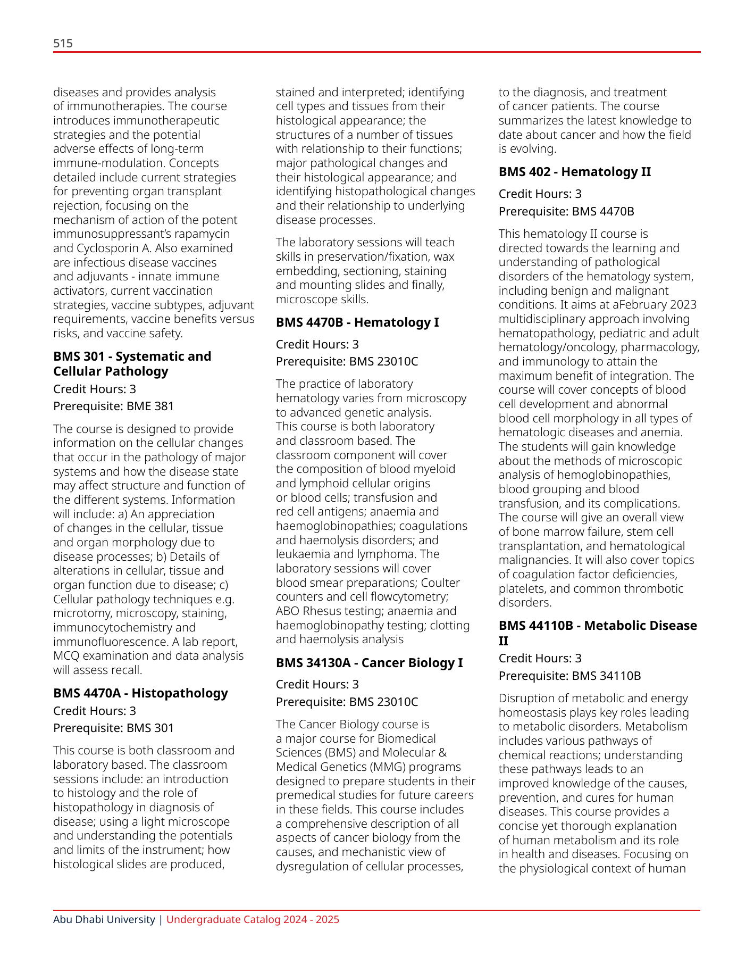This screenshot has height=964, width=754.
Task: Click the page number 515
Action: (63, 43)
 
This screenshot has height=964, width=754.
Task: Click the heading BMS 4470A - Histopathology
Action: (140, 693)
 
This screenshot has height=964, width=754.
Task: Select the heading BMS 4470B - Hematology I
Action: (357, 322)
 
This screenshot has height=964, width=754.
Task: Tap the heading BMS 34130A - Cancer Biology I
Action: (369, 662)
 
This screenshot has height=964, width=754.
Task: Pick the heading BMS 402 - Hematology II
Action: (574, 171)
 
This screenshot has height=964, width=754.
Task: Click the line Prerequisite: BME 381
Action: (113, 406)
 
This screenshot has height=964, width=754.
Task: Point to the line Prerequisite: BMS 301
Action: (113, 728)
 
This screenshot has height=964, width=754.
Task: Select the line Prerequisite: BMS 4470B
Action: (566, 211)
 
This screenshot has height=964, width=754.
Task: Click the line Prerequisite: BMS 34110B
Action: (569, 676)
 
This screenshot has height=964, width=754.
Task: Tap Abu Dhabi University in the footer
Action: (104, 919)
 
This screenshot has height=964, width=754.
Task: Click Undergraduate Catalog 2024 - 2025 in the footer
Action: (253, 919)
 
